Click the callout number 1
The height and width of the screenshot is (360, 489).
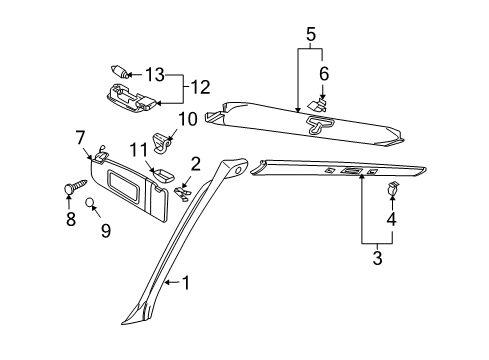[186, 283]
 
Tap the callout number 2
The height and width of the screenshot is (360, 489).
[195, 164]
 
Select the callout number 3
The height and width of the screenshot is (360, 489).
[377, 258]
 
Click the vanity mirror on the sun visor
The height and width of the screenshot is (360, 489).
[121, 185]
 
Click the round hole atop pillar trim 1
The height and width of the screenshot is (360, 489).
[238, 170]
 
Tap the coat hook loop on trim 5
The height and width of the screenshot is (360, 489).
[319, 124]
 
